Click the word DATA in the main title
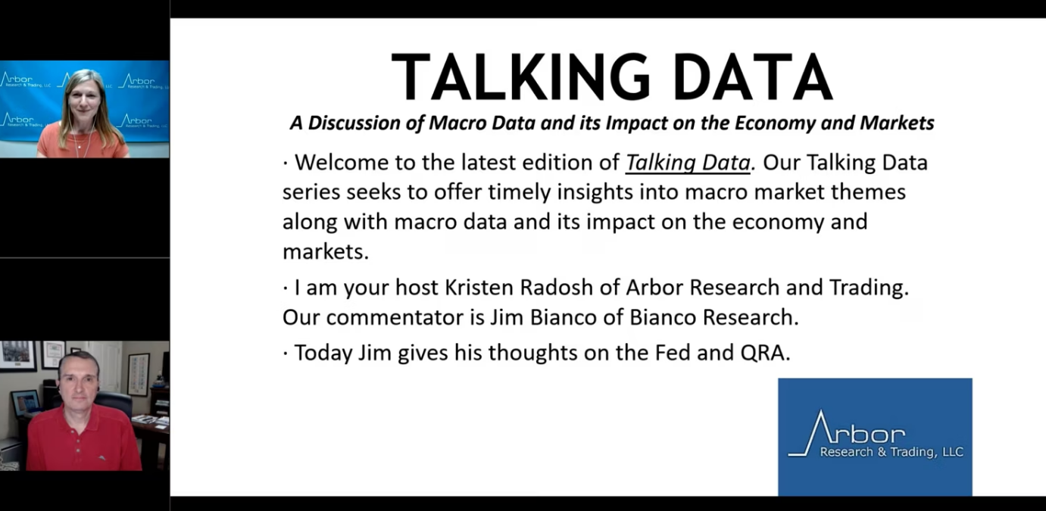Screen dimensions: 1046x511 click(x=753, y=77)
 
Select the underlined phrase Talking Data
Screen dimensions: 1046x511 click(x=688, y=163)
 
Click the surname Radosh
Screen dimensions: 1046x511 click(x=557, y=288)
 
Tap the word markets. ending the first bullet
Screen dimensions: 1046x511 click(x=326, y=252)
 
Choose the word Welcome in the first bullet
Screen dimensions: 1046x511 click(x=342, y=163)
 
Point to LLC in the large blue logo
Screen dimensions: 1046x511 click(x=952, y=452)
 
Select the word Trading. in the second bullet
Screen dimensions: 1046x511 click(x=869, y=288)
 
